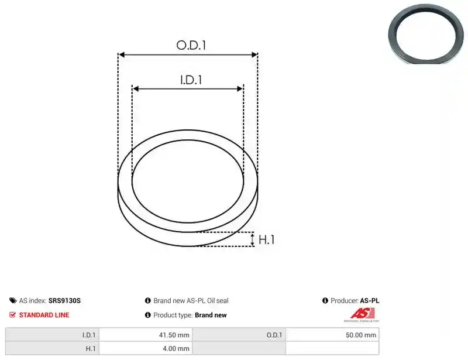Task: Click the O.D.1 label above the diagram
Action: click(x=191, y=45)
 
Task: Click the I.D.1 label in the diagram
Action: click(x=191, y=80)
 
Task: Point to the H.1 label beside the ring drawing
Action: click(x=266, y=239)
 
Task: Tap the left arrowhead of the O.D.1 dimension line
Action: click(x=121, y=54)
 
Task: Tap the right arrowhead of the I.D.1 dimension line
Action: click(x=240, y=89)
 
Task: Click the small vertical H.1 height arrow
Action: click(x=253, y=239)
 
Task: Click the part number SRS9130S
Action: click(x=64, y=300)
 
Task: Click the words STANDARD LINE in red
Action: click(x=44, y=315)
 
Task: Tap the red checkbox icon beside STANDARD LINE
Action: click(x=12, y=314)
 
